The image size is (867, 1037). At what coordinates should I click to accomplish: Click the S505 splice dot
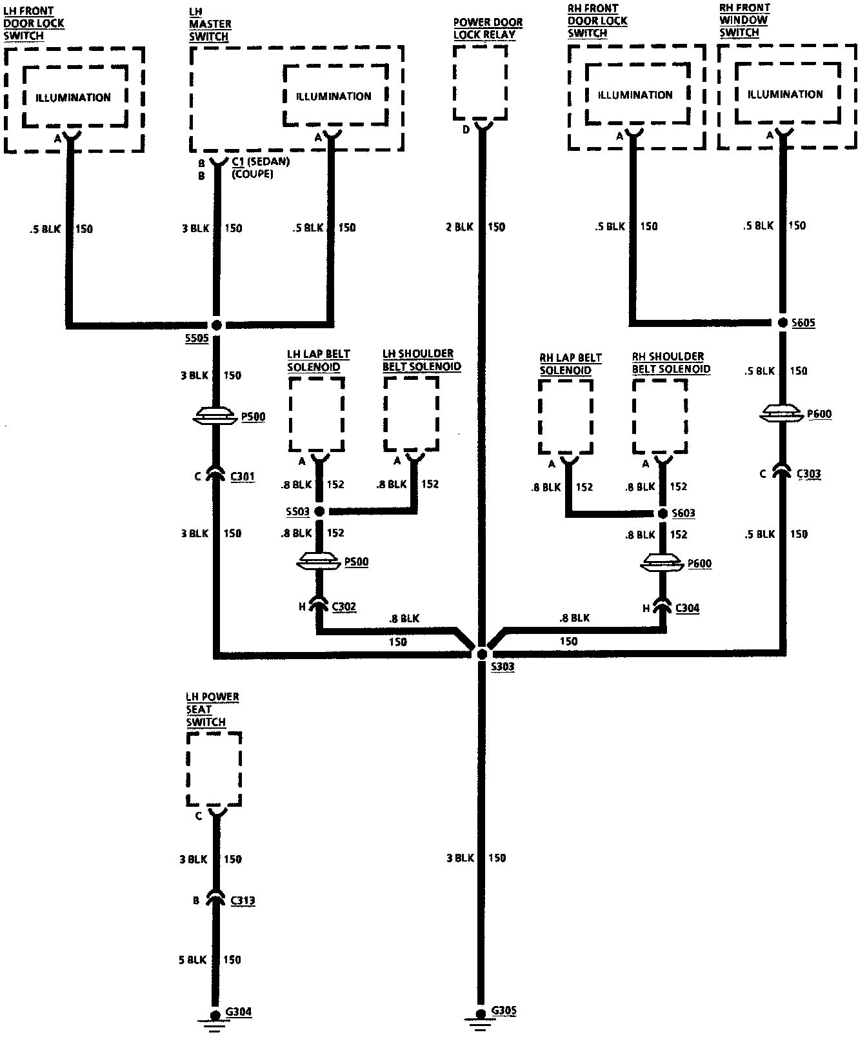pos(217,325)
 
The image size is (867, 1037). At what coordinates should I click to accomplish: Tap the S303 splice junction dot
pos(481,654)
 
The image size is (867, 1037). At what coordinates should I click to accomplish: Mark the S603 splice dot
pos(663,513)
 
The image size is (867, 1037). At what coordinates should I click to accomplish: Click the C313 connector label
pos(242,900)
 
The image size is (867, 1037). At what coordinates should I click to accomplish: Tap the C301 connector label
pos(242,477)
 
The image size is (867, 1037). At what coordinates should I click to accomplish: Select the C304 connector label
pos(687,608)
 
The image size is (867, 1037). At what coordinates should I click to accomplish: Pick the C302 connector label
pos(343,607)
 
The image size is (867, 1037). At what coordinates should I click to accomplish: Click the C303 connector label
pos(808,474)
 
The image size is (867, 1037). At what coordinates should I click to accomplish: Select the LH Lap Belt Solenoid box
pos(316,414)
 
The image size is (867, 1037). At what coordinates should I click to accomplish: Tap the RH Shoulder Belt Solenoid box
pos(659,416)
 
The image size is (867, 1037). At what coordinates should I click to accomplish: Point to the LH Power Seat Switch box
pos(214,769)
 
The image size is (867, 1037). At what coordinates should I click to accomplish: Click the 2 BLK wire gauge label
pos(459,227)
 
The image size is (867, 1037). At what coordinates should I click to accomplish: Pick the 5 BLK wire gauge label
pos(193,960)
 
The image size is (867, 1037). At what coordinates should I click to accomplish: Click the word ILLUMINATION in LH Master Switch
pos(334,97)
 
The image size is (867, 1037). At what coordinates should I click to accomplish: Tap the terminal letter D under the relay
pos(466,130)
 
